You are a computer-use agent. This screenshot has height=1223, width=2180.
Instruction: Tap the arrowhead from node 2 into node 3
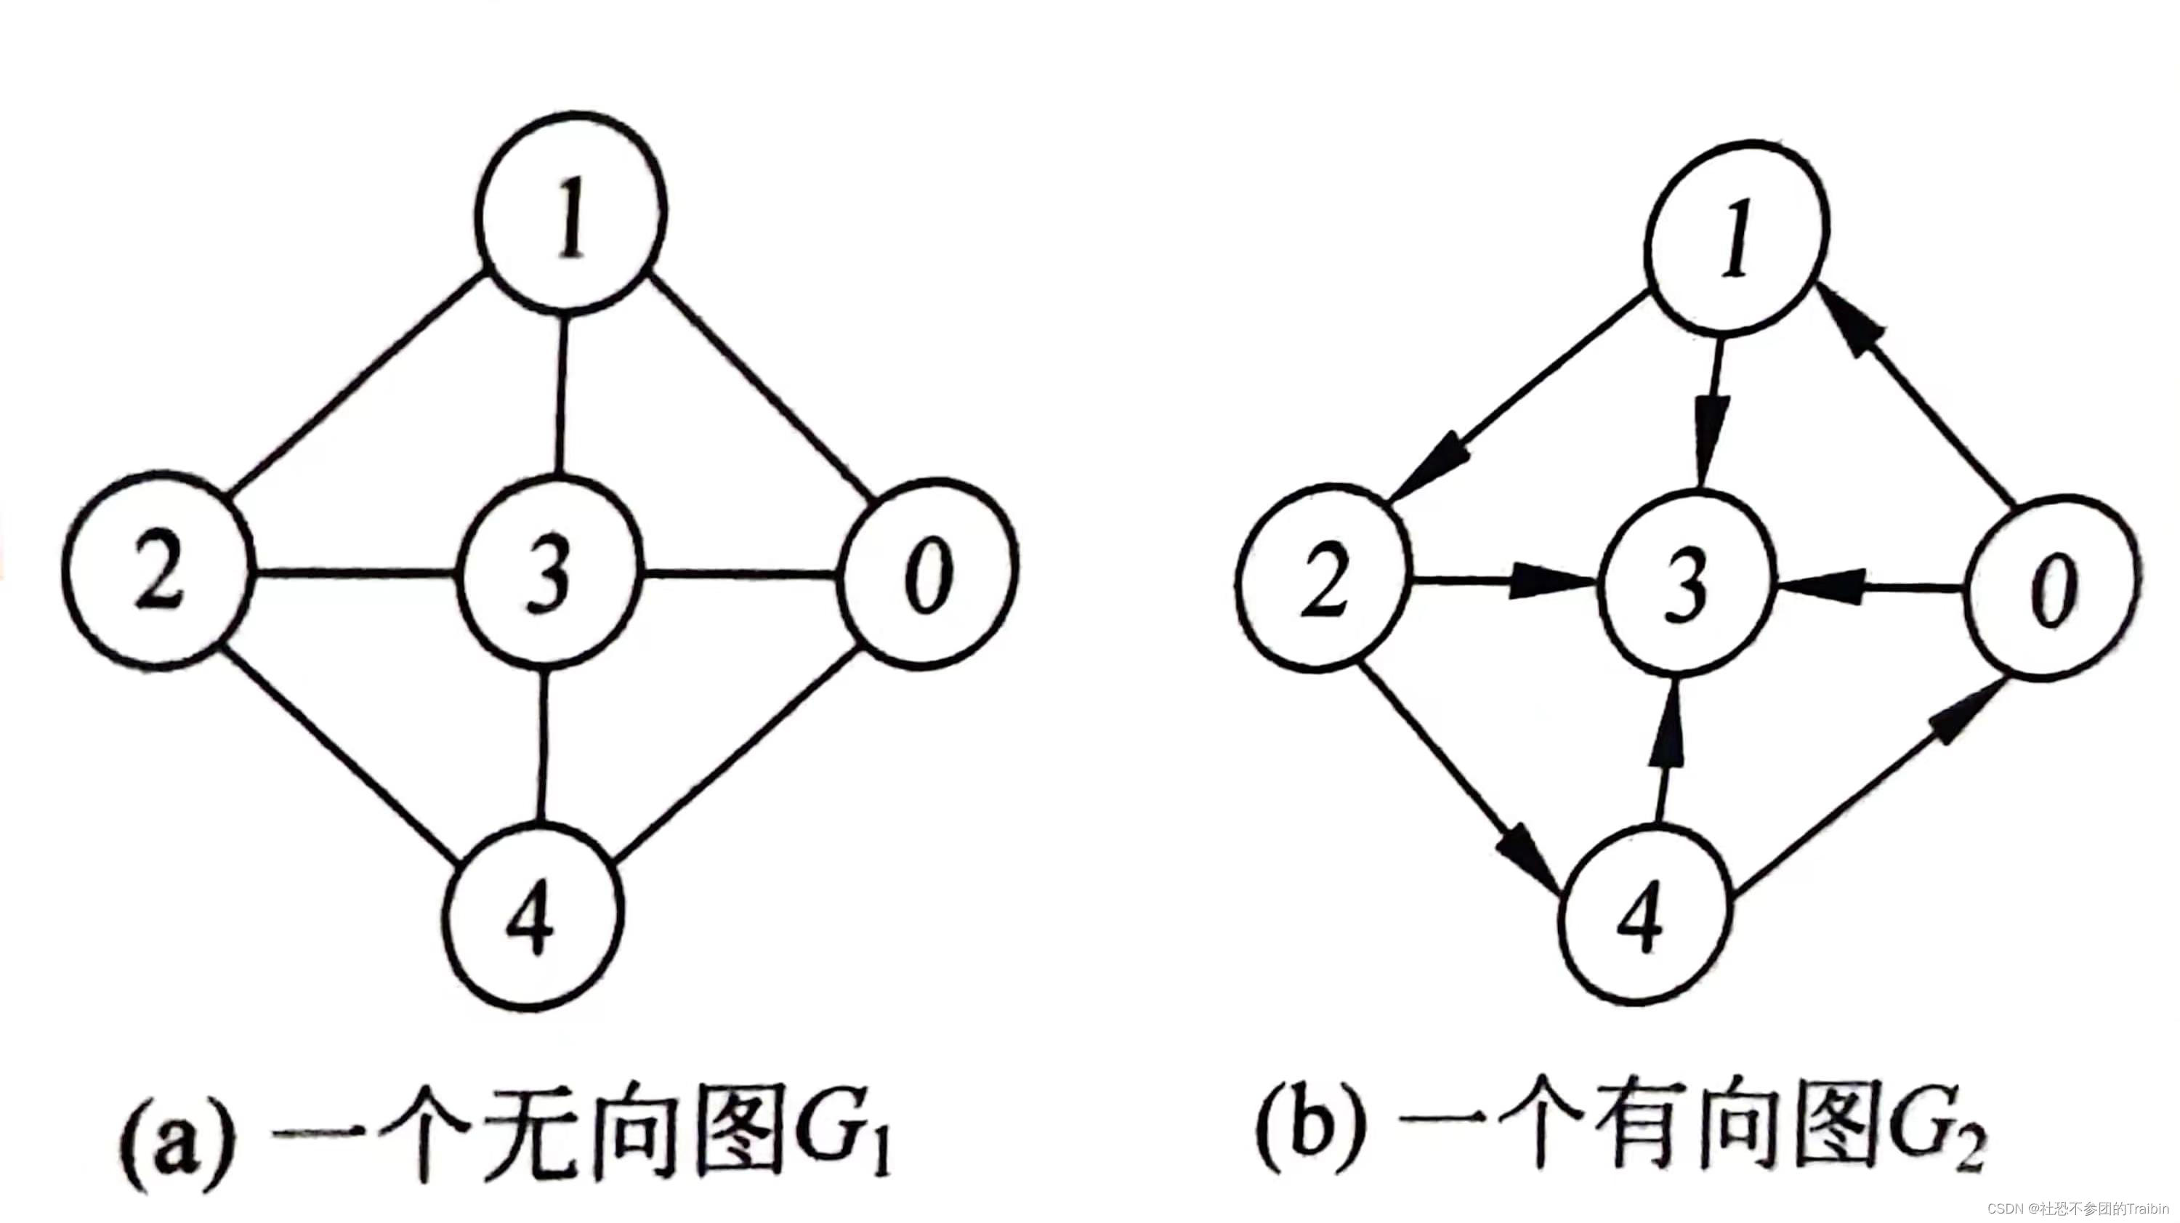coord(1541,582)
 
